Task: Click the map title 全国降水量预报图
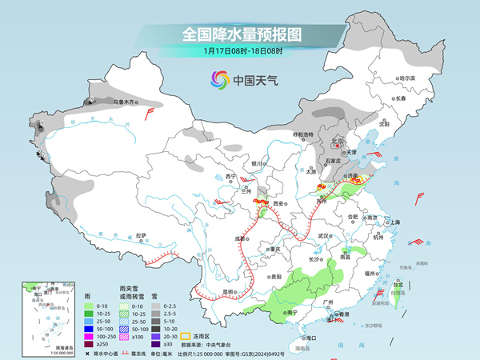tap(239, 34)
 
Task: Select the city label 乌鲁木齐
tap(126, 102)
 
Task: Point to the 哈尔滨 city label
tap(407, 78)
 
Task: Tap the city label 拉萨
tap(141, 235)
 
